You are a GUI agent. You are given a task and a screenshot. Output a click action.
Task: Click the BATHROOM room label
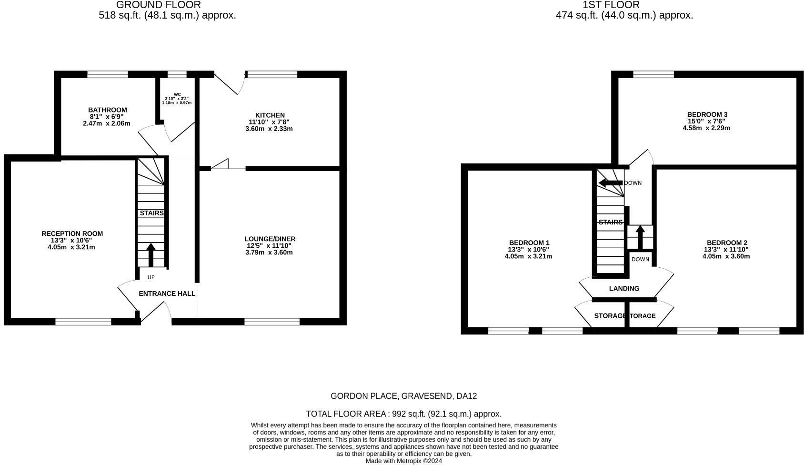[108, 110]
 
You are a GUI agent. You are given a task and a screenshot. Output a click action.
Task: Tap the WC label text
[177, 94]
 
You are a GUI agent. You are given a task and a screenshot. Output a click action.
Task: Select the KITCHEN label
[270, 115]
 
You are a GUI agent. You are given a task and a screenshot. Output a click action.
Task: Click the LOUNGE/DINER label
[270, 239]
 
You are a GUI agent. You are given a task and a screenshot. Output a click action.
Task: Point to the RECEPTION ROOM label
[72, 233]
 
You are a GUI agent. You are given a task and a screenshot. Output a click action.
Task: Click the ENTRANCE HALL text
[167, 293]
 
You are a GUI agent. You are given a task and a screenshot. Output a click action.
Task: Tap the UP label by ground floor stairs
[151, 277]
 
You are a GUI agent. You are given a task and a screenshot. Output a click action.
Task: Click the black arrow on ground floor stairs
[151, 255]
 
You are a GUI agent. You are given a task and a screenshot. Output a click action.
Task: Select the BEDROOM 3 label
[707, 114]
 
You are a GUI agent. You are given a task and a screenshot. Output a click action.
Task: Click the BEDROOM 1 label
[529, 243]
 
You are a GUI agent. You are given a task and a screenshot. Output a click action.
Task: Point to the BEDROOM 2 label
[726, 243]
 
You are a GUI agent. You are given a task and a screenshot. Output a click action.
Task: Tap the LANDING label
[624, 288]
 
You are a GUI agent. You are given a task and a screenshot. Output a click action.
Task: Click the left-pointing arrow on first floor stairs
[610, 183]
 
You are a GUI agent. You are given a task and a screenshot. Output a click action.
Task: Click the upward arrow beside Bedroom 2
[640, 237]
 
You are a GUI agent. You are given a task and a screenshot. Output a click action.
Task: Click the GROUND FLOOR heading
[159, 5]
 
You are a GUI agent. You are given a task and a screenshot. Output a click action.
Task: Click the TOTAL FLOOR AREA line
[403, 414]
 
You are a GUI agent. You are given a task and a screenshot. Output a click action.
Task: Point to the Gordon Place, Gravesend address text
[403, 396]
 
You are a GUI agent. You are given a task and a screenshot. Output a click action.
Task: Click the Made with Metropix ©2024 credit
[403, 461]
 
